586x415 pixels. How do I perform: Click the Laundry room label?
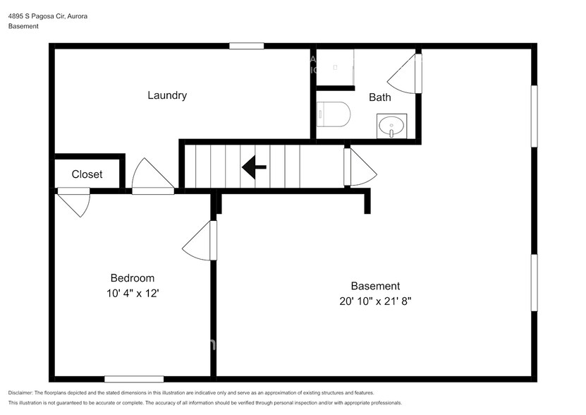(167, 95)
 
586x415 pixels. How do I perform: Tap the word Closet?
(87, 174)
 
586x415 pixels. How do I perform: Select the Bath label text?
(380, 97)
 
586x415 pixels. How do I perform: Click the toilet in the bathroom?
(334, 114)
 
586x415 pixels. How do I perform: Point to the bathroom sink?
(391, 127)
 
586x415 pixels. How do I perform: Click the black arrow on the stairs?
(254, 167)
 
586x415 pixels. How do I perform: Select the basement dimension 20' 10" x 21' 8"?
(376, 301)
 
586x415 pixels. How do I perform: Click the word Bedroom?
(132, 278)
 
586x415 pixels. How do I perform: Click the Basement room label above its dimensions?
(376, 286)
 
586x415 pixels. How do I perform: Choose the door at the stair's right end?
(360, 168)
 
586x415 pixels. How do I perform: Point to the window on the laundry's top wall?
(246, 46)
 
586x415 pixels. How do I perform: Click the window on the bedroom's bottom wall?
(134, 379)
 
